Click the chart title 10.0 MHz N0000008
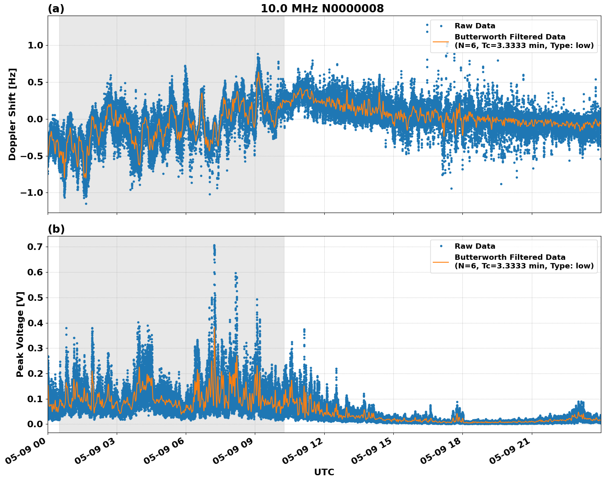pyautogui.click(x=322, y=9)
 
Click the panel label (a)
pyautogui.click(x=56, y=9)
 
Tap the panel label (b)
pyautogui.click(x=56, y=229)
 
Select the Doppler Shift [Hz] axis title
pyautogui.click(x=12, y=114)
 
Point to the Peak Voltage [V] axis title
pyautogui.click(x=20, y=334)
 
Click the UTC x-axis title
pyautogui.click(x=324, y=472)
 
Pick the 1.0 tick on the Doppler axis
pyautogui.click(x=35, y=45)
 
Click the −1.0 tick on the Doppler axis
pyautogui.click(x=33, y=193)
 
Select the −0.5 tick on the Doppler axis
pyautogui.click(x=33, y=156)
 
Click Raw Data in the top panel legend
pyautogui.click(x=475, y=26)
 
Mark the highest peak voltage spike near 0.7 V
pyautogui.click(x=214, y=246)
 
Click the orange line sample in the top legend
pyautogui.click(x=441, y=41)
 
